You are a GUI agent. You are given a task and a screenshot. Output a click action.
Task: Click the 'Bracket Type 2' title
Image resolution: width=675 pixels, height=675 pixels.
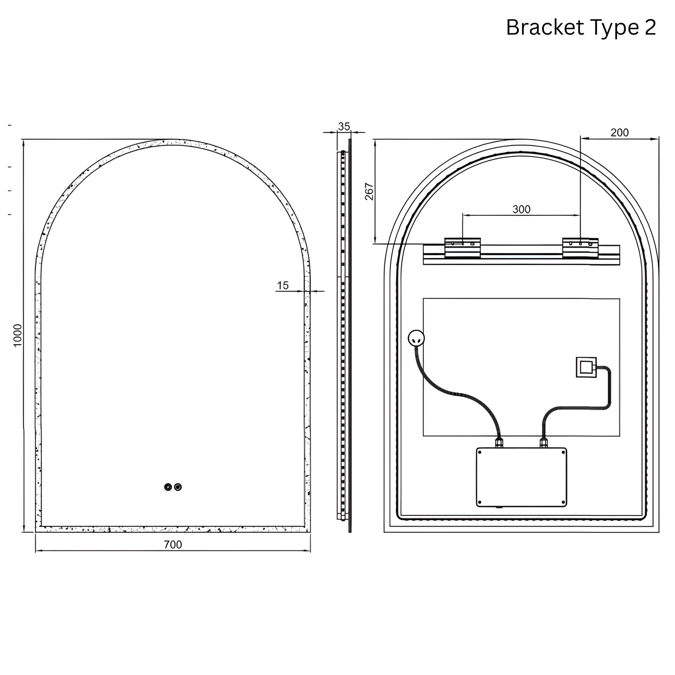click(581, 28)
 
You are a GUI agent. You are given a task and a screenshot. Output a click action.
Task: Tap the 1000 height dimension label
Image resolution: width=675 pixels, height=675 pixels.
click(17, 336)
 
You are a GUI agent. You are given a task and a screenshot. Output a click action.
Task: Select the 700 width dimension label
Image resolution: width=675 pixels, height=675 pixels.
click(173, 544)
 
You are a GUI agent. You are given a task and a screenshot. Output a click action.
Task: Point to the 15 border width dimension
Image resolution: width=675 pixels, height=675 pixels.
click(283, 285)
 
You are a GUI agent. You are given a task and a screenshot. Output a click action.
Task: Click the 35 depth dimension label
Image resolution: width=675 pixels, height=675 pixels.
click(344, 127)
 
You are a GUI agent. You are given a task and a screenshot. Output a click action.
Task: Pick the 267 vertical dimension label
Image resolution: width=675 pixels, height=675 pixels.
click(369, 191)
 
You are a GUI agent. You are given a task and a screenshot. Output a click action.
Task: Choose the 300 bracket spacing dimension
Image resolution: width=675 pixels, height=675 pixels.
click(521, 209)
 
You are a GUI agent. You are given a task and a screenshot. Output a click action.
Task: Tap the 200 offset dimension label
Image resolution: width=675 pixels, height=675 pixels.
click(619, 132)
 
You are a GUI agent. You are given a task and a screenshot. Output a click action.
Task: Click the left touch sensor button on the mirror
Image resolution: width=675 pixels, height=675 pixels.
click(168, 487)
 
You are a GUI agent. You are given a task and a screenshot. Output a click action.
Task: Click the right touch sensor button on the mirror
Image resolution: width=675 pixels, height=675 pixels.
click(178, 487)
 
